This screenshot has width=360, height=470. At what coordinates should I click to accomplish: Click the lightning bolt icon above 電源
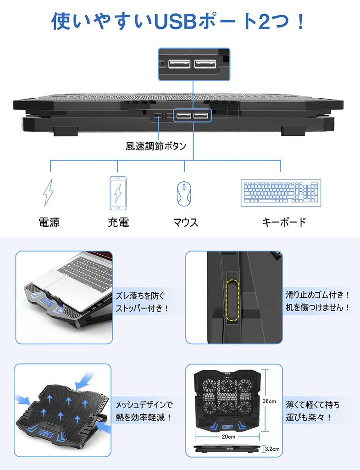click(x=48, y=192)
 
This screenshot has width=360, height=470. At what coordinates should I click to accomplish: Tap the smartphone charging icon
click(x=118, y=193)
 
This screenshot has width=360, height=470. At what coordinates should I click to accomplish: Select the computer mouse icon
click(x=184, y=193)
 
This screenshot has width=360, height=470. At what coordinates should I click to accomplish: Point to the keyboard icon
click(x=281, y=193)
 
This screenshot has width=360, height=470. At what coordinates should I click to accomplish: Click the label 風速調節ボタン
click(x=156, y=146)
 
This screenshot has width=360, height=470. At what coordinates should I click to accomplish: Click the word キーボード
click(x=284, y=222)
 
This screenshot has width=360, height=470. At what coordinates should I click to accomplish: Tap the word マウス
click(x=186, y=223)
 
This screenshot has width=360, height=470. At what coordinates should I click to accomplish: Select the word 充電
click(x=118, y=223)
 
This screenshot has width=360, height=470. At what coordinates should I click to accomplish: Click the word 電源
click(x=49, y=223)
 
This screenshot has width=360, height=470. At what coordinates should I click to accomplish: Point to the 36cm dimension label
click(x=269, y=401)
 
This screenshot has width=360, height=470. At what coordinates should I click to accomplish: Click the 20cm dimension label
click(x=228, y=437)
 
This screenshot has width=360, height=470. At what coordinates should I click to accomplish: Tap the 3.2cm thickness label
click(x=272, y=449)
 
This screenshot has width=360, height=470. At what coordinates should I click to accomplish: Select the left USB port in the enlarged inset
click(x=179, y=64)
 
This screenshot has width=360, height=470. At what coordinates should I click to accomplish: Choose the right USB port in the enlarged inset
click(x=205, y=64)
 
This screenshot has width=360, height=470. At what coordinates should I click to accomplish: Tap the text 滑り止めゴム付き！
click(x=317, y=295)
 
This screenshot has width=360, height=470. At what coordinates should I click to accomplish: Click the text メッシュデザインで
click(x=144, y=405)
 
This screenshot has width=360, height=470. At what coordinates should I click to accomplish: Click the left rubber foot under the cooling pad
click(x=66, y=131)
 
